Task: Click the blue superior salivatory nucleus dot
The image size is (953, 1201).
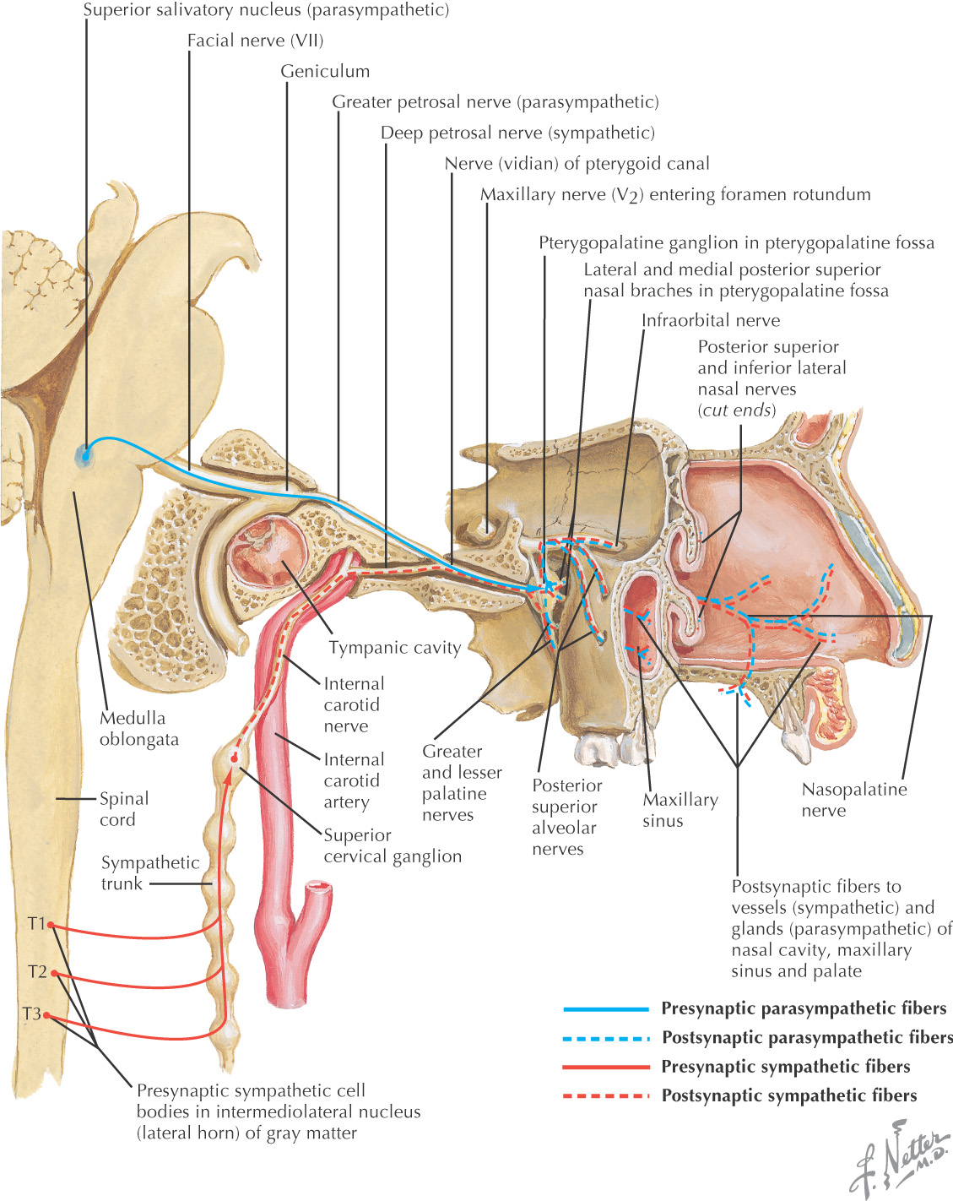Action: point(85,456)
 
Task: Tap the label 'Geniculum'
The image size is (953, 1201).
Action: point(325,72)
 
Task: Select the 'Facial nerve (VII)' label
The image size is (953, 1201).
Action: point(255,41)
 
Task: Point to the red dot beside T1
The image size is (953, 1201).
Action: point(51,925)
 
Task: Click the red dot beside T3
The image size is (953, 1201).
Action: point(47,1014)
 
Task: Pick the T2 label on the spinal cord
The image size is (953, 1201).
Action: point(37,972)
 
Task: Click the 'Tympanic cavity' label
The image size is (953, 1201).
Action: point(394,648)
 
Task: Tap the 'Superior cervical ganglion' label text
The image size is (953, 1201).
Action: point(393,845)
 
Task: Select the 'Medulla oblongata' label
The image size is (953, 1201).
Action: point(139,728)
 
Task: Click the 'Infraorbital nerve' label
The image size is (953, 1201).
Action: point(711,320)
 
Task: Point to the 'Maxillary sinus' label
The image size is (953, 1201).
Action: point(680,810)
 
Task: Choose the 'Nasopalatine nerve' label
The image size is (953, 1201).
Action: point(853,800)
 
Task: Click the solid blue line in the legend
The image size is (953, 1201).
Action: point(605,1009)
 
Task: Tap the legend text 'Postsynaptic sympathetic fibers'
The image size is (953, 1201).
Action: point(788,1095)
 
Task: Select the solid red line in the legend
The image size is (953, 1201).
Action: point(605,1067)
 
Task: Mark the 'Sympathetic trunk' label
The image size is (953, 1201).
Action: point(149,872)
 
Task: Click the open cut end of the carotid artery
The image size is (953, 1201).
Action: point(319,888)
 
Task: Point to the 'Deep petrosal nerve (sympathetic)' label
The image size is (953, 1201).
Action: point(517,133)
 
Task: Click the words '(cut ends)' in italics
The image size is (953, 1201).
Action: point(736,410)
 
